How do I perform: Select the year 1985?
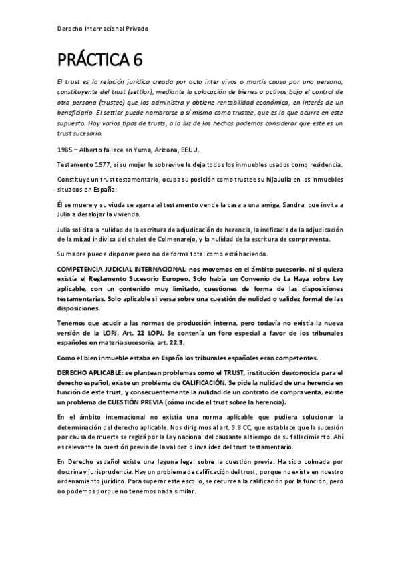(66, 150)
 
